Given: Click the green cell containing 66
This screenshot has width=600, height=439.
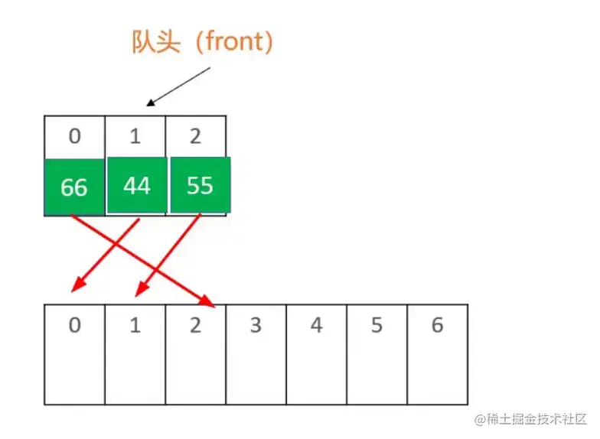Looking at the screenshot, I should coord(73,187).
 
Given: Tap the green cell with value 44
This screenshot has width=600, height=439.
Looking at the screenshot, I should coord(136,184).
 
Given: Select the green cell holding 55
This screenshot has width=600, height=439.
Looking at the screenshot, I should coord(200,184).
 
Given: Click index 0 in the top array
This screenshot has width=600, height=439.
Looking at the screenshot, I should coord(74,136).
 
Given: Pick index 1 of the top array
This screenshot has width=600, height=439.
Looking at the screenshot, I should coord(135,136).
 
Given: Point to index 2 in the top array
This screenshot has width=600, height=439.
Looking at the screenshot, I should coord(196,136).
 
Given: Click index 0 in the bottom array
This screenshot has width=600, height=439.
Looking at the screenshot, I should coord(74,326).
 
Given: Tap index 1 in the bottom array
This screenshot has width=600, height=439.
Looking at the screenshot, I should coord(135,326).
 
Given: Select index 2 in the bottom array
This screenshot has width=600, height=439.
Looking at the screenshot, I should coord(195,326).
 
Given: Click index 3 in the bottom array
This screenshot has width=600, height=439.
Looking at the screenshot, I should coord(256,326).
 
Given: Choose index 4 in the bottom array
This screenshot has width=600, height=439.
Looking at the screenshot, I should coord(316,326).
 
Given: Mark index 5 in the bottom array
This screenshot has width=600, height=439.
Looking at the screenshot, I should coord(377,326).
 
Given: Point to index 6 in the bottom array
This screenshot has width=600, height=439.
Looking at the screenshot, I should coord(437,326).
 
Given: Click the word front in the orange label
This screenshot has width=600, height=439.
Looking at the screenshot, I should coord(234,42).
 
